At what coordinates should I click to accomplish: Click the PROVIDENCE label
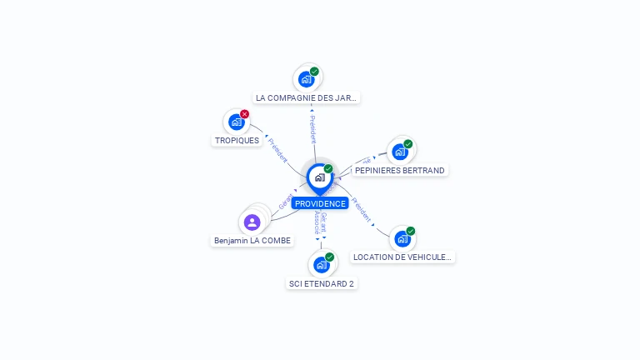click(320, 203)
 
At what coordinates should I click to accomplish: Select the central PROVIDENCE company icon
click(320, 177)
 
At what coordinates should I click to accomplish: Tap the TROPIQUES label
click(237, 140)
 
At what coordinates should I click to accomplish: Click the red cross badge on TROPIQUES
click(244, 114)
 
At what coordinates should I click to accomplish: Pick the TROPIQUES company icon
click(237, 122)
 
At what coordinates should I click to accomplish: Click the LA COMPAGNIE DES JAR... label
click(306, 97)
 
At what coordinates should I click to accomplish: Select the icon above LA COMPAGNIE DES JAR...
click(307, 79)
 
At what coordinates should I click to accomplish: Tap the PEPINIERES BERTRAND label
click(400, 170)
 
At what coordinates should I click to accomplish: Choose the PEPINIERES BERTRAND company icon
click(400, 152)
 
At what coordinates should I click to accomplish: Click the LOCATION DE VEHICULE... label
click(402, 257)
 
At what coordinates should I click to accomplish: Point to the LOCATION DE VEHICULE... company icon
click(402, 238)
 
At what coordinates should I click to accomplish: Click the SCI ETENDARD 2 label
click(322, 283)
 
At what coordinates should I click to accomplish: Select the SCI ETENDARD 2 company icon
click(322, 265)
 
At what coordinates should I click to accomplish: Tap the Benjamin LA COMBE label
click(252, 240)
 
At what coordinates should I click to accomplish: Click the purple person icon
click(252, 222)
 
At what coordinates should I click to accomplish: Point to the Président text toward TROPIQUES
click(278, 147)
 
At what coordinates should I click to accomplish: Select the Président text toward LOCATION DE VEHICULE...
click(361, 209)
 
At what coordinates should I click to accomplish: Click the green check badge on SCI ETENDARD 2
click(329, 257)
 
